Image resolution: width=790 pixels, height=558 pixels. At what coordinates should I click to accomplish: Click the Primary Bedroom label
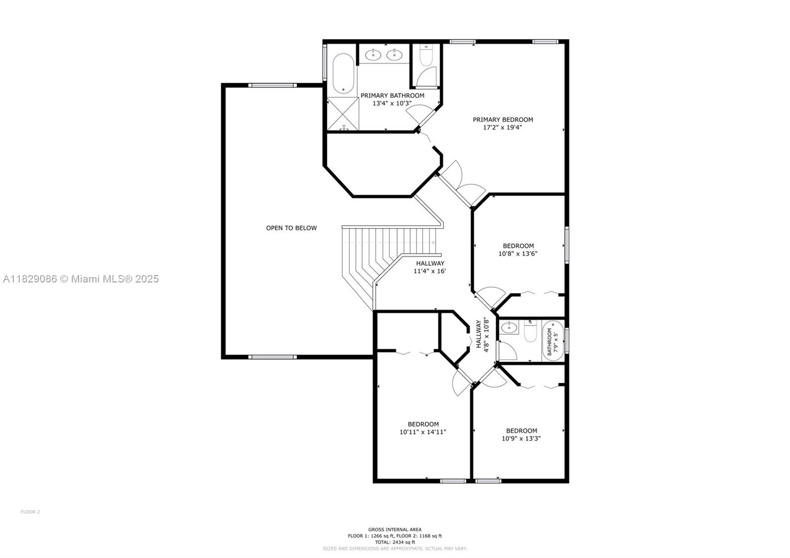(x=503, y=120)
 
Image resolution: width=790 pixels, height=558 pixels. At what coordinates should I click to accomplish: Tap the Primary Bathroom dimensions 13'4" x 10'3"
(x=392, y=103)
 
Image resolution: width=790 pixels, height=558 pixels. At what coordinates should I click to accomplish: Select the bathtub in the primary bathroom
(x=343, y=74)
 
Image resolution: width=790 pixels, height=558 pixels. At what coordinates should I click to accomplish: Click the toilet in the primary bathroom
(x=426, y=55)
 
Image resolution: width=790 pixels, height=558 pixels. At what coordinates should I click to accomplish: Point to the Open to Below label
(x=291, y=228)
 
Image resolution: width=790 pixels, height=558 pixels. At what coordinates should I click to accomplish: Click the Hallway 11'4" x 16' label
(x=430, y=267)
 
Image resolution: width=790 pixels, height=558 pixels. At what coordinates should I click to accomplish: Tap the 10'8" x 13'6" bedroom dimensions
(x=518, y=253)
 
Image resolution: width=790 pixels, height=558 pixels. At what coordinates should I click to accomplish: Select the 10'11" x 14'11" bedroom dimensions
(x=423, y=432)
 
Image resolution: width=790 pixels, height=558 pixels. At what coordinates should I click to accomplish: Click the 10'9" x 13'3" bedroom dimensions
(x=521, y=438)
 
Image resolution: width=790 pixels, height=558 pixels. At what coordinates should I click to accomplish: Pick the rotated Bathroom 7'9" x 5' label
(x=553, y=341)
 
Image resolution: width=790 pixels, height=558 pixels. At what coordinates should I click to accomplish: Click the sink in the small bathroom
(x=509, y=327)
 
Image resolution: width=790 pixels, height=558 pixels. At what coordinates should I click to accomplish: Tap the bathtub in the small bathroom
(x=553, y=340)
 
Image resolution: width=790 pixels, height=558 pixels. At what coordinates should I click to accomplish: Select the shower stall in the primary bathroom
(x=343, y=114)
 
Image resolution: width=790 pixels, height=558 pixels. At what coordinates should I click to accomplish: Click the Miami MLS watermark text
(x=81, y=279)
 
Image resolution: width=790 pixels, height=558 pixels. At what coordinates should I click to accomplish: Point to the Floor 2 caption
(x=30, y=512)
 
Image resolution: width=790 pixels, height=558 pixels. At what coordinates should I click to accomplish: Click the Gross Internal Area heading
(x=395, y=529)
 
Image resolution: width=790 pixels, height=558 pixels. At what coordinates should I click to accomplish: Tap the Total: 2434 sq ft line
(x=395, y=542)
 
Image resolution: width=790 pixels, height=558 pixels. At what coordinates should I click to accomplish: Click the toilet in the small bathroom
(x=530, y=331)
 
